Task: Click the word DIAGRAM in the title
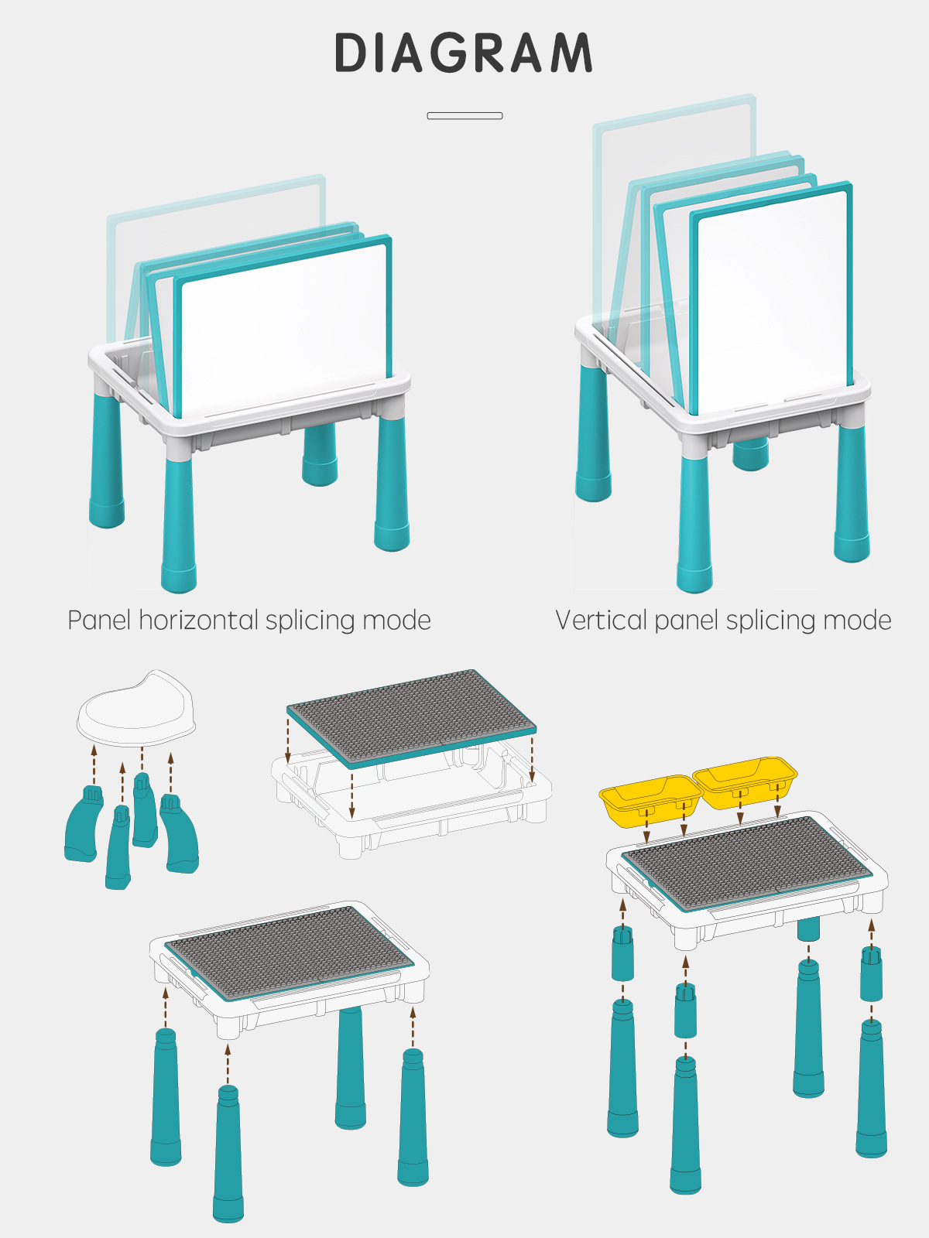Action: tap(464, 53)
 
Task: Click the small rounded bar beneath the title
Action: tap(464, 116)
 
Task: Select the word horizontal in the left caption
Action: tap(198, 620)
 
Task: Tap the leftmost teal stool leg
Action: tap(82, 825)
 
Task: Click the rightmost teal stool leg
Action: tap(180, 836)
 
